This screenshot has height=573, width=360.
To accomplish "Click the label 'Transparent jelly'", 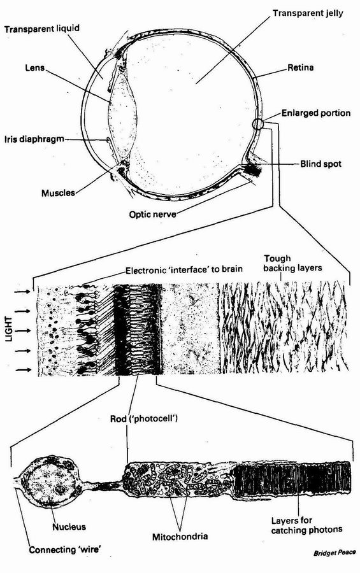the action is click(x=308, y=13).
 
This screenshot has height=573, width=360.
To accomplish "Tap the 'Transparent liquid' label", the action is click(x=41, y=29).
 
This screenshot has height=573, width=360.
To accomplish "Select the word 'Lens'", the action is click(x=35, y=67).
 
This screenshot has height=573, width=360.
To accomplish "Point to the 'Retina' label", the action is click(x=300, y=67).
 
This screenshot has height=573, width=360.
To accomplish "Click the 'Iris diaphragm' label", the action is click(x=34, y=139).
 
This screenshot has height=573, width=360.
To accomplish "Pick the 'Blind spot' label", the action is click(x=320, y=164).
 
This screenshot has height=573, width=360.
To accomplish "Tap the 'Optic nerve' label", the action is click(x=152, y=214).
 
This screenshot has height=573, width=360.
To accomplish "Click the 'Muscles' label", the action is click(x=58, y=192).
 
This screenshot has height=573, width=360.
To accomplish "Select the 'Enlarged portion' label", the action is click(x=316, y=113).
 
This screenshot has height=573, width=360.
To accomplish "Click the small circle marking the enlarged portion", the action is click(x=257, y=124).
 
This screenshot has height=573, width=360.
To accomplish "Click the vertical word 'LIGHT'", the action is click(x=9, y=330).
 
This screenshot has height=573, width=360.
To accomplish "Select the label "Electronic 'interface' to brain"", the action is click(x=184, y=270).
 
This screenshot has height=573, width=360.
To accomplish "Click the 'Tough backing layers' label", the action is click(x=292, y=264).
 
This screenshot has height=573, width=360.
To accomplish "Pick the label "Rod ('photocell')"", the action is click(x=144, y=418).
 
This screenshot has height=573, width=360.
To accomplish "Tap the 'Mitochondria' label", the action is click(x=180, y=537).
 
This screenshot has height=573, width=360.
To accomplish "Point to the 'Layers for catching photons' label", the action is click(x=306, y=525).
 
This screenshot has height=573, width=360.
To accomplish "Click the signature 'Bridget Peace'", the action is click(x=335, y=553).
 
